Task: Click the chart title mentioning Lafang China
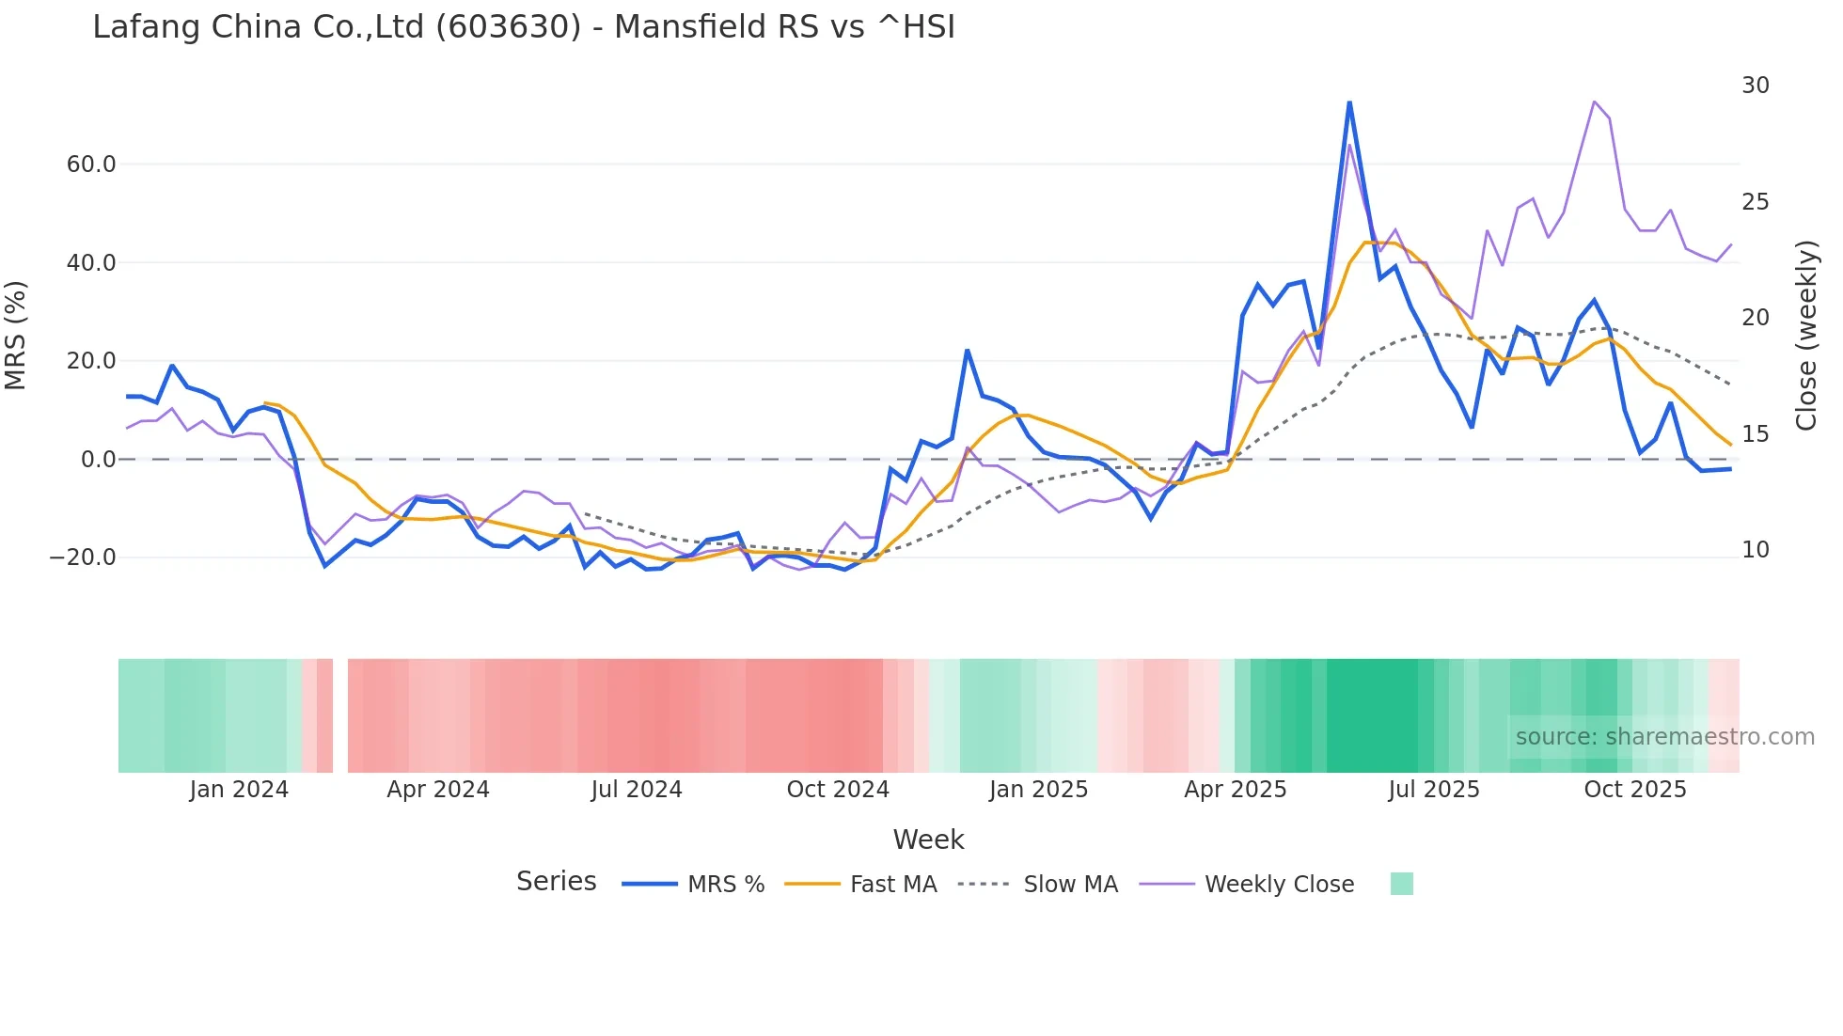click(x=524, y=27)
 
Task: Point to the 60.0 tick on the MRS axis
click(x=90, y=165)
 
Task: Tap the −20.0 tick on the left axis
click(x=83, y=557)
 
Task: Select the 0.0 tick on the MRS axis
click(x=98, y=460)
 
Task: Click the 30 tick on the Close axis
click(x=1755, y=86)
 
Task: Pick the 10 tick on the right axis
click(x=1755, y=550)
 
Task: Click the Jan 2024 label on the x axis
click(x=239, y=790)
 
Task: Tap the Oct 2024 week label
click(x=838, y=790)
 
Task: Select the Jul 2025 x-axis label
click(x=1434, y=790)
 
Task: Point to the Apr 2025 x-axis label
click(x=1235, y=790)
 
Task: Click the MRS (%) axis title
click(x=16, y=336)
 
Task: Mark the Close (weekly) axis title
click(x=1805, y=336)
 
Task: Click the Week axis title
click(x=928, y=840)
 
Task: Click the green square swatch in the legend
click(x=1401, y=884)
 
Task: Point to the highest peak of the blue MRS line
click(x=1349, y=102)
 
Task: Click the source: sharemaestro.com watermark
click(x=1664, y=737)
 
